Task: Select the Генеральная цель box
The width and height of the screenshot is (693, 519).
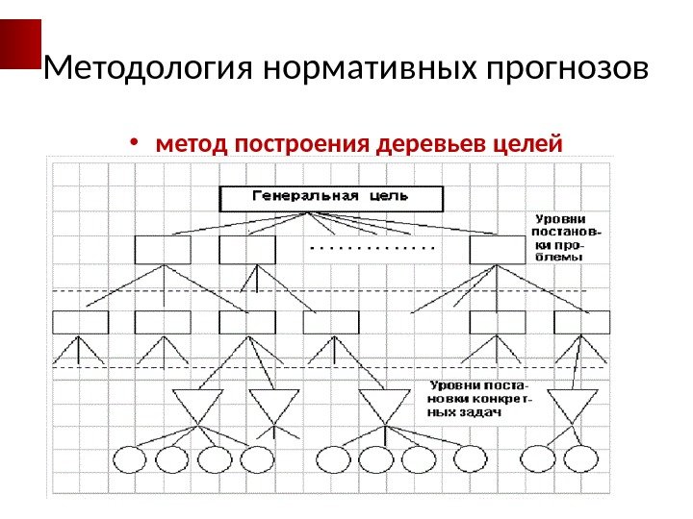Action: tap(332, 198)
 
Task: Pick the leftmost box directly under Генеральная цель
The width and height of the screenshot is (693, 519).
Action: tap(163, 250)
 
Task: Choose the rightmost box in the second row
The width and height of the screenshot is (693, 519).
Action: tap(499, 250)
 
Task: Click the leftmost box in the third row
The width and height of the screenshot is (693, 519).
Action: tap(80, 321)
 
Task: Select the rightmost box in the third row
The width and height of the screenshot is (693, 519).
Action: tap(582, 321)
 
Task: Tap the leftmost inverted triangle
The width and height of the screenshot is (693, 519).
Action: tap(197, 405)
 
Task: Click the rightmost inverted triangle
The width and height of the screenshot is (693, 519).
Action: tap(572, 405)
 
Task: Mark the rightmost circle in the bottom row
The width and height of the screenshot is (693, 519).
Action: tap(580, 459)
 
